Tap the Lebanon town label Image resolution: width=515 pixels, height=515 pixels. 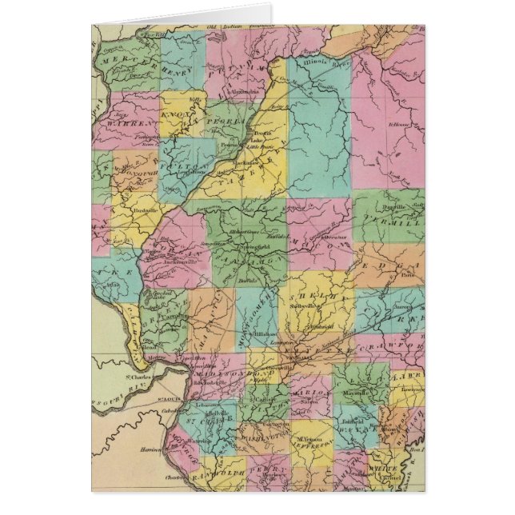[207, 406]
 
